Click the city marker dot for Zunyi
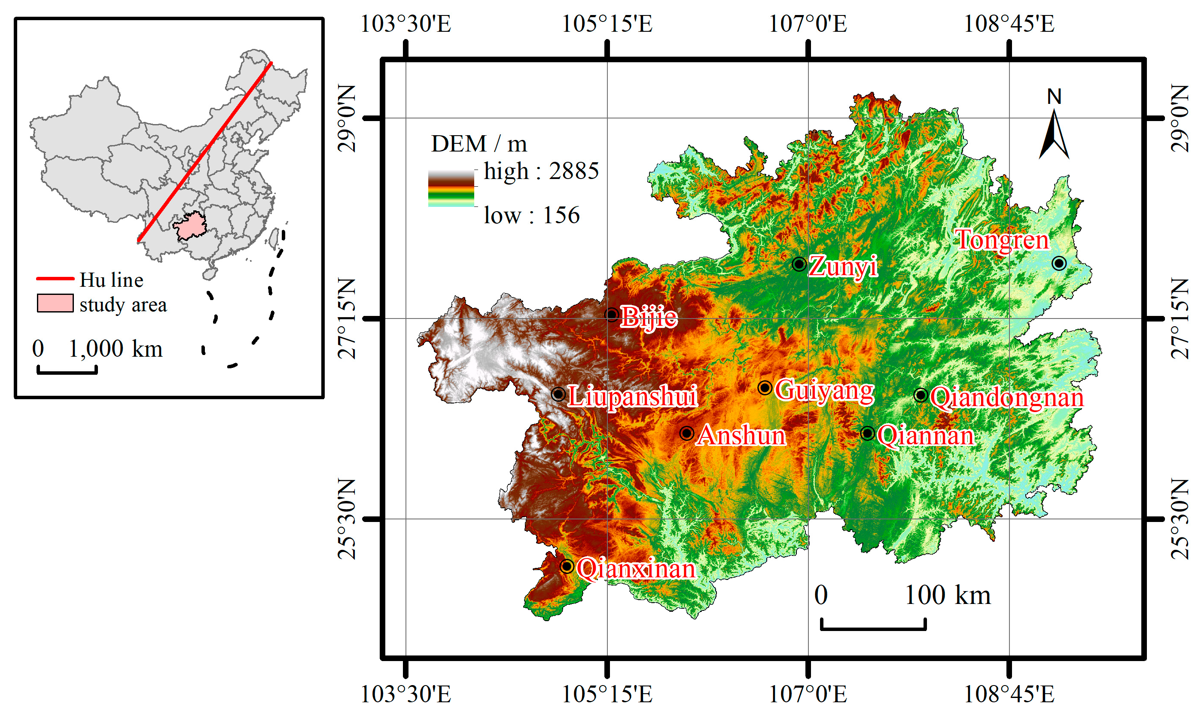[x=799, y=264]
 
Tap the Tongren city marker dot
[x=1059, y=263]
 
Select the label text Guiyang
[x=824, y=390]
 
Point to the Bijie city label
[x=649, y=317]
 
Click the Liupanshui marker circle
[x=558, y=394]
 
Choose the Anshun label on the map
[x=741, y=435]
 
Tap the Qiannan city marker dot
[x=867, y=433]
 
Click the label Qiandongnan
[x=1007, y=397]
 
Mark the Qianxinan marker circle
[x=567, y=566]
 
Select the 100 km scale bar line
[x=873, y=627]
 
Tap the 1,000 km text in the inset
[x=116, y=349]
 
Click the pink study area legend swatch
[x=55, y=303]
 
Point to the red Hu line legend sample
[x=55, y=279]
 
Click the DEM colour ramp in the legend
[x=451, y=188]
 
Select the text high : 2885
[x=541, y=171]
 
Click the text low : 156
[x=531, y=215]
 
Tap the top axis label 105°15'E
[x=607, y=24]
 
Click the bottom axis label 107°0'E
[x=808, y=694]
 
